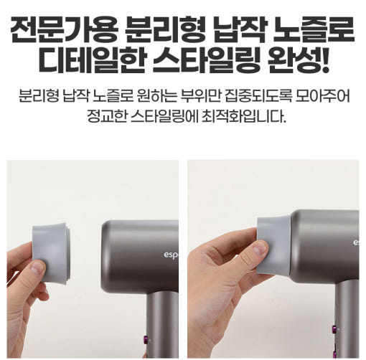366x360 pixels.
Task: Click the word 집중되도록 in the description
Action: point(258,96)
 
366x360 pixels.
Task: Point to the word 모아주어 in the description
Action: point(323,96)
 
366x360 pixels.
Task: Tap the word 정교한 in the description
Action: point(107,116)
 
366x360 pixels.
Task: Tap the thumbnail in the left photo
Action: point(37,269)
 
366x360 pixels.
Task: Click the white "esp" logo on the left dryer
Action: point(171,255)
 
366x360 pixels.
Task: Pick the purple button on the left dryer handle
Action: point(146,338)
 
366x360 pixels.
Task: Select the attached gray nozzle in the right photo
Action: point(275,246)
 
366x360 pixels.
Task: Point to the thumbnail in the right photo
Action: point(260,248)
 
